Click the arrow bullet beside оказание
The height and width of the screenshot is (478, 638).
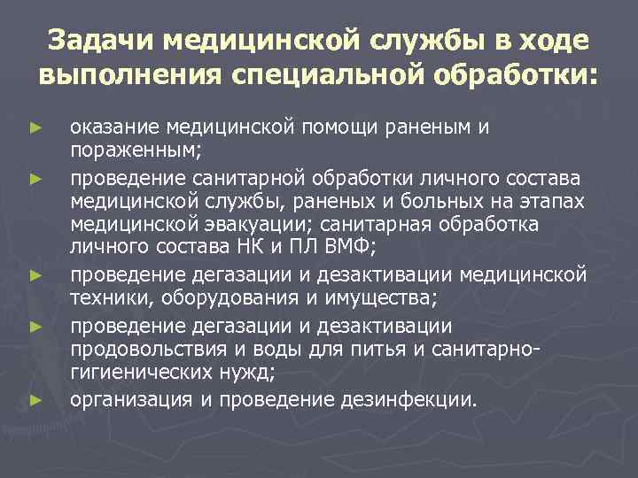pos(35,129)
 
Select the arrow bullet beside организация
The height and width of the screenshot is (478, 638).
pos(35,400)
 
